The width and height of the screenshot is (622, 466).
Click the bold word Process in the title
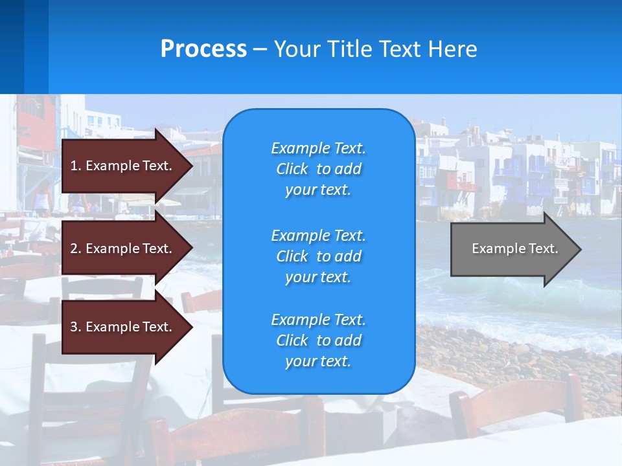pos(203,49)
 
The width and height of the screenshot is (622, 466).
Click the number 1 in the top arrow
pos(74,166)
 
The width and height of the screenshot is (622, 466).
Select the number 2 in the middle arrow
pos(74,249)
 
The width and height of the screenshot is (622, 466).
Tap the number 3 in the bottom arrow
pos(74,327)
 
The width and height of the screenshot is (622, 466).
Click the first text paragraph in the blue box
pos(318,169)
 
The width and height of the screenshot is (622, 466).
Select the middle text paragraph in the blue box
pos(318,256)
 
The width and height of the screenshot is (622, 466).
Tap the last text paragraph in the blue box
pos(318,340)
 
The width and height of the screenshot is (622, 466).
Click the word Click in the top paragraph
pos(292,169)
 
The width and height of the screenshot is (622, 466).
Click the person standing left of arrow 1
pos(43,197)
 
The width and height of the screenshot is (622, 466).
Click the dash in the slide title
pos(260,49)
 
